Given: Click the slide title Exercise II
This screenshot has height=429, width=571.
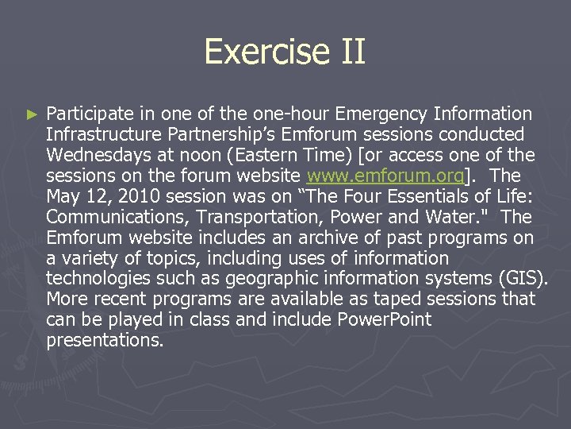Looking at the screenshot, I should [285, 52].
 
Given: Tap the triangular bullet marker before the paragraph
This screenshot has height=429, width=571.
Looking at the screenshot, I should [32, 115].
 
